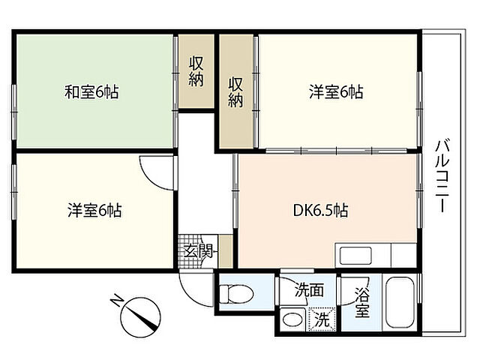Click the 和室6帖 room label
(91, 91)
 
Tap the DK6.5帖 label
(320, 210)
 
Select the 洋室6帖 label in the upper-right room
(336, 91)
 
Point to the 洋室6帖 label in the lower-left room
(94, 210)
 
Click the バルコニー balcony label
(443, 175)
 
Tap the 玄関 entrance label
(198, 251)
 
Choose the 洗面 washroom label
(309, 289)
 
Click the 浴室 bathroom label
(362, 303)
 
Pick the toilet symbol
(237, 294)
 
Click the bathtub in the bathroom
(400, 303)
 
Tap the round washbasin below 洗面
(292, 319)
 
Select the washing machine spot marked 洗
(322, 319)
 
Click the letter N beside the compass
(116, 300)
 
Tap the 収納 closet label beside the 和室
(196, 72)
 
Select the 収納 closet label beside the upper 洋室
(235, 91)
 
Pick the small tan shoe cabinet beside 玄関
(226, 252)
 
